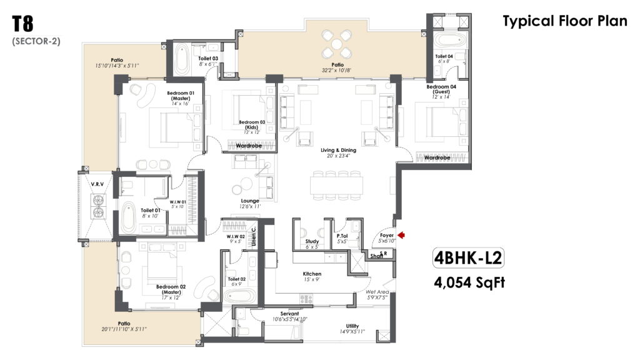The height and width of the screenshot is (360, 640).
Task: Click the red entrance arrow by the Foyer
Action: pyautogui.click(x=401, y=235)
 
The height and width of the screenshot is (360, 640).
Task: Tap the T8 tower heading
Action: pyautogui.click(x=22, y=24)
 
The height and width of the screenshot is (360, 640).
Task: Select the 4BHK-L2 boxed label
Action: pyautogui.click(x=468, y=258)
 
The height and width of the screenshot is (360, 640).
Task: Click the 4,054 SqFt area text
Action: pyautogui.click(x=469, y=282)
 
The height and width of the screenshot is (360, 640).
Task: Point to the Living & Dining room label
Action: pyautogui.click(x=338, y=150)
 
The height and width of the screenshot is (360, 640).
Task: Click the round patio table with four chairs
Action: pyautogui.click(x=337, y=44)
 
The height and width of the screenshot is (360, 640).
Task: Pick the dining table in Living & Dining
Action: pyautogui.click(x=336, y=185)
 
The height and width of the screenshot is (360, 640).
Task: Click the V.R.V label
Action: pyautogui.click(x=97, y=184)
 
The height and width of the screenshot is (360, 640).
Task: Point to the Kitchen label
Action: pyautogui.click(x=312, y=274)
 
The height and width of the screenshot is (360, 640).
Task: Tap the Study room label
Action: pyautogui.click(x=312, y=241)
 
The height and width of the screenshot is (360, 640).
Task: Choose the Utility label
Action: pyautogui.click(x=352, y=326)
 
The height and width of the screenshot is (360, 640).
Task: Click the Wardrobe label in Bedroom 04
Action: pyautogui.click(x=437, y=157)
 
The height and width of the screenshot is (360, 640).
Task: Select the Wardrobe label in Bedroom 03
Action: pyautogui.click(x=249, y=146)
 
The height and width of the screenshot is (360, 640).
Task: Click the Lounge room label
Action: pyautogui.click(x=250, y=201)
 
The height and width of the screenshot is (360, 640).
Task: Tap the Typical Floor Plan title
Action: pyautogui.click(x=565, y=21)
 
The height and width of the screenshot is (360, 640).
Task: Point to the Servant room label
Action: pyautogui.click(x=290, y=314)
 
